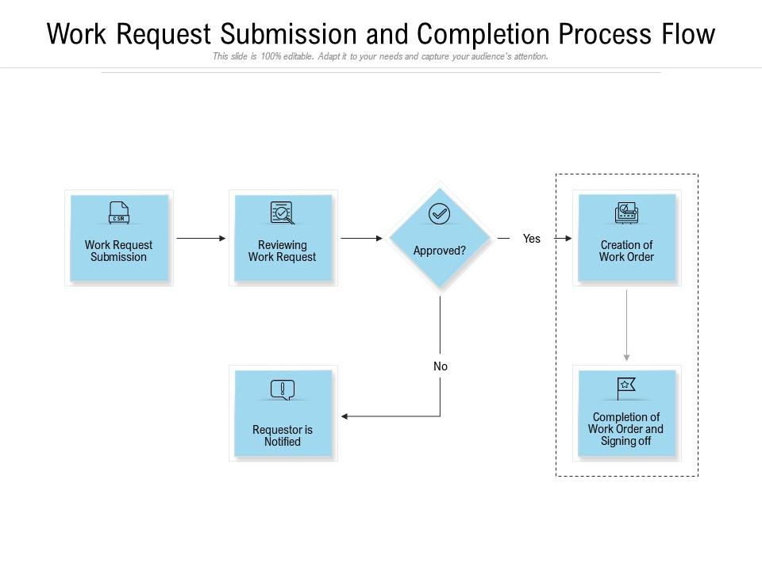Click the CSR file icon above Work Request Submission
click(119, 213)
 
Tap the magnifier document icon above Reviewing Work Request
click(282, 213)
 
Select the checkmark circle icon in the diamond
click(439, 214)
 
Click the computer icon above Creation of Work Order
click(626, 213)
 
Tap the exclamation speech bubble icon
click(282, 389)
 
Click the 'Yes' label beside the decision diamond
click(531, 239)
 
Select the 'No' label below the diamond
click(441, 366)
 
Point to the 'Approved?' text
click(439, 251)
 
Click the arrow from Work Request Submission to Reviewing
click(201, 238)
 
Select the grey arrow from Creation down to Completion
click(627, 325)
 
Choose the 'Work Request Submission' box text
click(119, 251)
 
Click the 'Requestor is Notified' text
click(282, 435)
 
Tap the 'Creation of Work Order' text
click(626, 251)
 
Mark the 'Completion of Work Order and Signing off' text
click(625, 429)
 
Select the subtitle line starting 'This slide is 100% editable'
click(380, 57)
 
